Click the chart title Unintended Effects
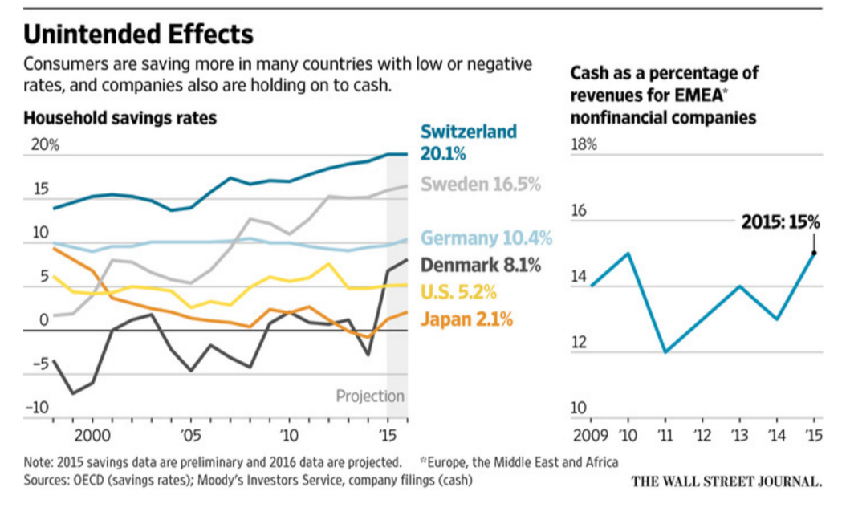click(x=138, y=35)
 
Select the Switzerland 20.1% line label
click(x=469, y=142)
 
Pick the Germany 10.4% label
click(x=486, y=238)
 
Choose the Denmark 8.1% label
click(x=480, y=264)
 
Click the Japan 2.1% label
click(x=466, y=319)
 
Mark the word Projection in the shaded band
click(x=370, y=396)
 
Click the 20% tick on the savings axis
click(x=45, y=145)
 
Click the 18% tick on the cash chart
click(x=584, y=145)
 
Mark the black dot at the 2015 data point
click(x=814, y=253)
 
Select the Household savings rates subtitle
click(x=120, y=118)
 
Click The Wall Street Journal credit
click(x=726, y=481)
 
